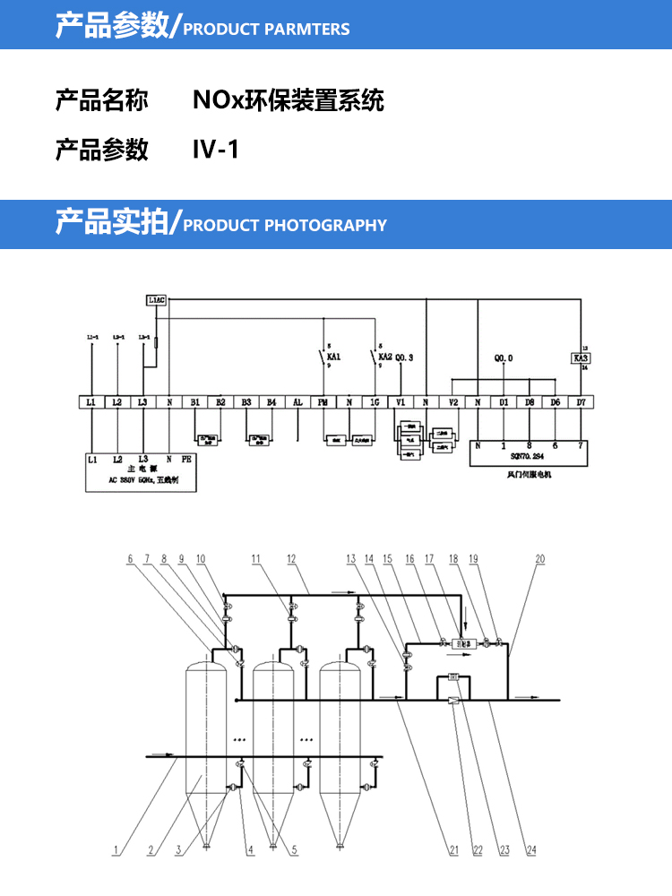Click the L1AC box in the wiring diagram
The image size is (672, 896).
[x=156, y=301]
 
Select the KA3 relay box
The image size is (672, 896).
[x=580, y=358]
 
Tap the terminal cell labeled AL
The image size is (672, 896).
[x=297, y=403]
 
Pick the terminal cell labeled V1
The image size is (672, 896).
[x=401, y=403]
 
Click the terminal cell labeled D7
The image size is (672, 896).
[x=581, y=403]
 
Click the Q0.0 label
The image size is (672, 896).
[x=504, y=358]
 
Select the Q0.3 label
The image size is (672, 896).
[x=405, y=358]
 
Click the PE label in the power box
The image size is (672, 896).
[x=186, y=458]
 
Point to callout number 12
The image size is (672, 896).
[x=290, y=560]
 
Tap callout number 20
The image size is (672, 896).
[x=539, y=560]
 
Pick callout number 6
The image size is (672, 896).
[x=131, y=560]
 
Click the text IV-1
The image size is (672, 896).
[x=216, y=148]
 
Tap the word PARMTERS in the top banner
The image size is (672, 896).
[x=308, y=30]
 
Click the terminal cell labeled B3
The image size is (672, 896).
[x=246, y=403]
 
